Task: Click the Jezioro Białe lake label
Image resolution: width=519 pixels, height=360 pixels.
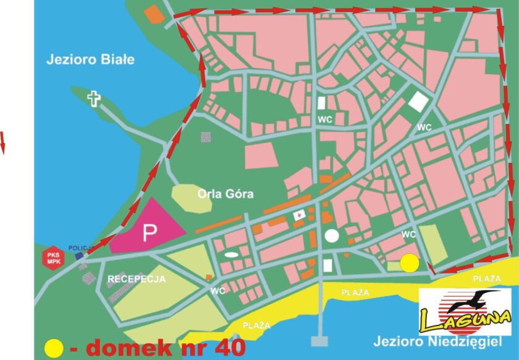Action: click(90, 60)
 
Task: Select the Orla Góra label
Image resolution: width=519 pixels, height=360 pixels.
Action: click(226, 194)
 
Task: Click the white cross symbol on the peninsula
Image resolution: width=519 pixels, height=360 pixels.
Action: click(94, 98)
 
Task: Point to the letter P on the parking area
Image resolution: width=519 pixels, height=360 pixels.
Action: click(149, 233)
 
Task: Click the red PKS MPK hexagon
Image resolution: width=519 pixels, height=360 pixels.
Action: click(52, 257)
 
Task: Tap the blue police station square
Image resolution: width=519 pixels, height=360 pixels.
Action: click(78, 255)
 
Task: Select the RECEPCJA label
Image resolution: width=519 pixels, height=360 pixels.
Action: click(137, 279)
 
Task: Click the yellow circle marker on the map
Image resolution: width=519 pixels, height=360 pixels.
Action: click(409, 263)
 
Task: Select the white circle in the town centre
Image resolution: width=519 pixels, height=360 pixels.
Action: click(332, 235)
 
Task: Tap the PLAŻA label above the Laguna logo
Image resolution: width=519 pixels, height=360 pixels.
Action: click(486, 279)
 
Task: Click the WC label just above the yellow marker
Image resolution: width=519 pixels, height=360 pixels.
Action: click(408, 235)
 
